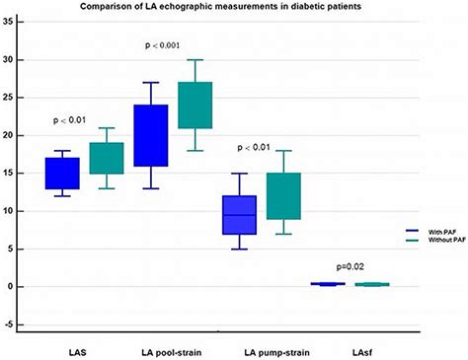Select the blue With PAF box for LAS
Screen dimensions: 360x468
(62, 174)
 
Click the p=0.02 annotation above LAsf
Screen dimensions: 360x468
(348, 266)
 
